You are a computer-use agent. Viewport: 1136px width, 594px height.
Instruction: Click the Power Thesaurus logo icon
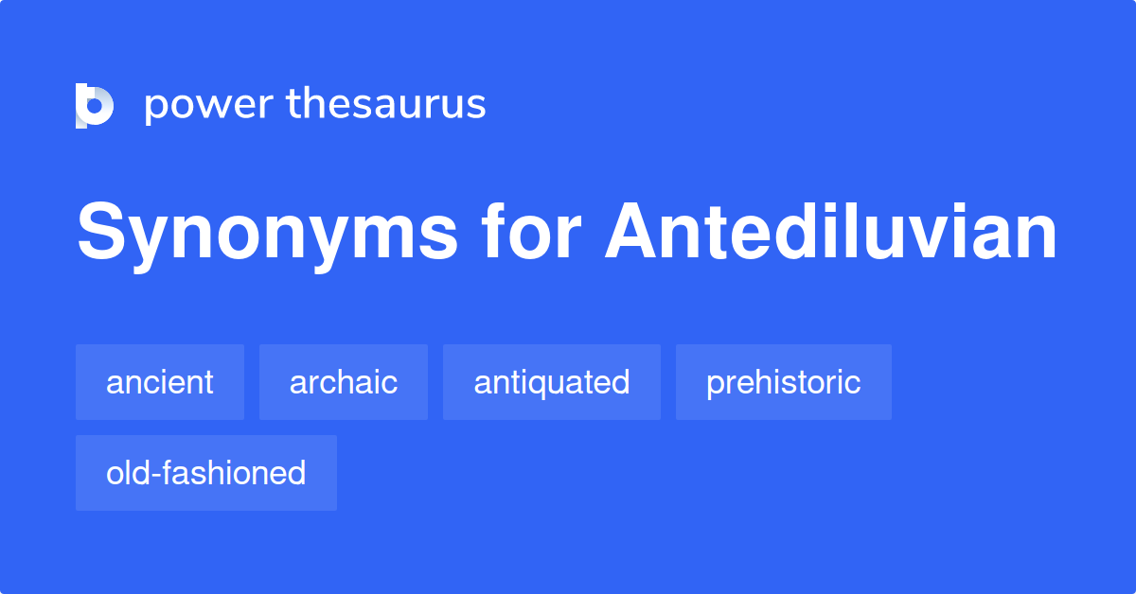(x=94, y=105)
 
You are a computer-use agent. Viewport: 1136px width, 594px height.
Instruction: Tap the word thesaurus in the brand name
(x=386, y=104)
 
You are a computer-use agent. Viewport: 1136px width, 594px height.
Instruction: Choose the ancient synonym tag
(x=160, y=382)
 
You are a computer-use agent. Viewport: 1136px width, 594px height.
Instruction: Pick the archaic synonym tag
(x=344, y=382)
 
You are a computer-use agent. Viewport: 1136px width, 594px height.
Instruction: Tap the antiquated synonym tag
(x=552, y=382)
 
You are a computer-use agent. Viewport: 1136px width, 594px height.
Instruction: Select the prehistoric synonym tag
(x=784, y=382)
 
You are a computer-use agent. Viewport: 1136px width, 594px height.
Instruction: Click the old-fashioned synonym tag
(x=206, y=473)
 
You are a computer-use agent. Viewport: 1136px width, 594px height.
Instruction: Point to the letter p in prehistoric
(x=715, y=386)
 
